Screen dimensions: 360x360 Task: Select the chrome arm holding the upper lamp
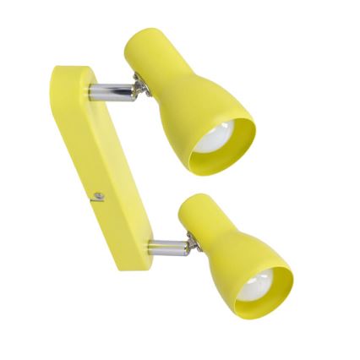click(112, 90)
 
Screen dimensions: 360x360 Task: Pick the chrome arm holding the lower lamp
click(167, 247)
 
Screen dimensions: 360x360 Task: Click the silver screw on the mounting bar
click(99, 196)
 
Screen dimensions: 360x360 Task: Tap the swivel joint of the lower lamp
click(193, 243)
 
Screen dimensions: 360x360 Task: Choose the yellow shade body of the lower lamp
click(237, 245)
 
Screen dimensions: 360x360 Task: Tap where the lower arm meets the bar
click(150, 248)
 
